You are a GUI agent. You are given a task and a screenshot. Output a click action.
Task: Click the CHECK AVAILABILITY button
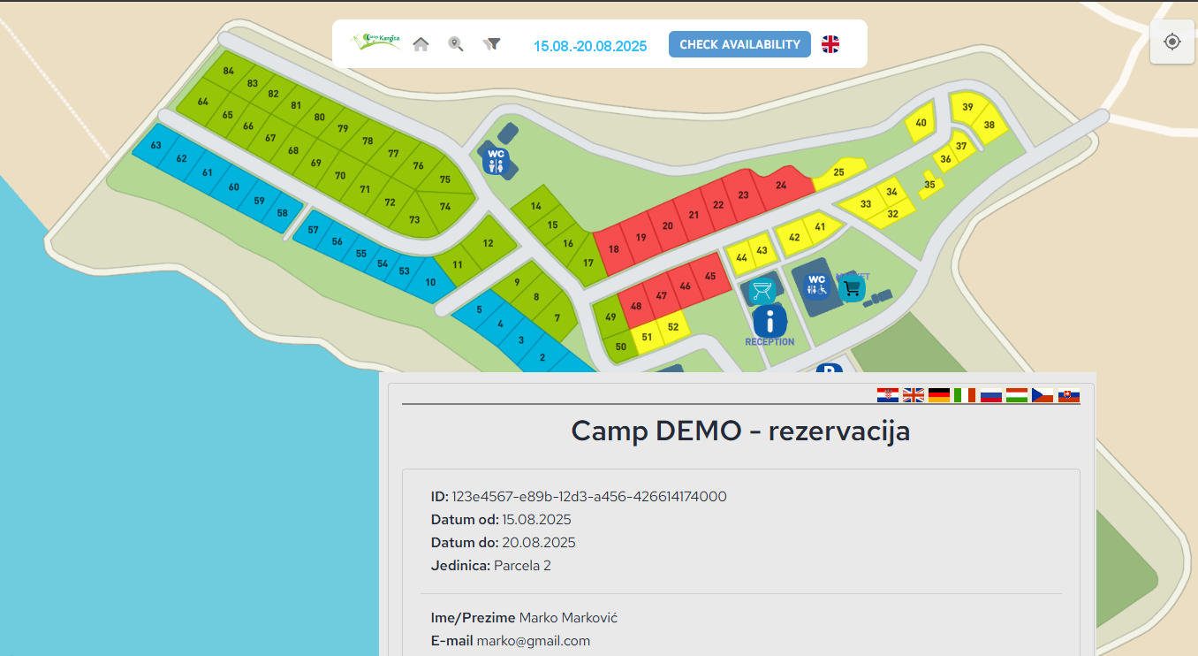pyautogui.click(x=739, y=44)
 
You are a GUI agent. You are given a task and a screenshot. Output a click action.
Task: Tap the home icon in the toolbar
pyautogui.click(x=421, y=44)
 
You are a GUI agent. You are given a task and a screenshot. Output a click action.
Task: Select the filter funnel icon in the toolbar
pyautogui.click(x=492, y=44)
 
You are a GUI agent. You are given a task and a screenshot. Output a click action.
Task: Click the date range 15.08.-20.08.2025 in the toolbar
pyautogui.click(x=590, y=46)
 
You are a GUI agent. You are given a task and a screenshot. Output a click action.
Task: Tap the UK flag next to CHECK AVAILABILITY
pyautogui.click(x=830, y=44)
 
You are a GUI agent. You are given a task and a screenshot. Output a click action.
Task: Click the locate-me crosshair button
pyautogui.click(x=1172, y=42)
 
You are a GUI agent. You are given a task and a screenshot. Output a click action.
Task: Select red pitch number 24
pyautogui.click(x=781, y=186)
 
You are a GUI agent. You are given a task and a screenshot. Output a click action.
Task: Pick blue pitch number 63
pyautogui.click(x=156, y=145)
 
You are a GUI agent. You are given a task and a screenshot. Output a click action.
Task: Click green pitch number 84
pyautogui.click(x=229, y=71)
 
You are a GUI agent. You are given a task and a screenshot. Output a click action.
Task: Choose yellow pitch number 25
pyautogui.click(x=838, y=172)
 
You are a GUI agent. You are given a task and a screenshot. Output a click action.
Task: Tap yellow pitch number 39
pyautogui.click(x=967, y=107)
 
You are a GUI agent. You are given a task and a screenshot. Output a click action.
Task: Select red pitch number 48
pyautogui.click(x=636, y=306)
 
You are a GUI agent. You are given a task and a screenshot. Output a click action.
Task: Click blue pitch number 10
pyautogui.click(x=430, y=282)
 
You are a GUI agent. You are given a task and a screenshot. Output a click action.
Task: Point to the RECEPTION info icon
pyautogui.click(x=770, y=321)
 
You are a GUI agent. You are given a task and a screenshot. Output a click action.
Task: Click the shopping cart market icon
pyautogui.click(x=852, y=289)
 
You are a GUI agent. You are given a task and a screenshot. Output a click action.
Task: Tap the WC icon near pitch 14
pyautogui.click(x=497, y=159)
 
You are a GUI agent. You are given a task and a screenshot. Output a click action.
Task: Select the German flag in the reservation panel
pyautogui.click(x=939, y=395)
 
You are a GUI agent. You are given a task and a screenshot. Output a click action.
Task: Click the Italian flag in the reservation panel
pyautogui.click(x=965, y=395)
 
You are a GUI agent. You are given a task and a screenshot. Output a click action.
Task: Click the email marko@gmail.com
pyautogui.click(x=534, y=641)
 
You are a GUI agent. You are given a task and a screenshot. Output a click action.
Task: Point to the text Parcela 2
pyautogui.click(x=522, y=566)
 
